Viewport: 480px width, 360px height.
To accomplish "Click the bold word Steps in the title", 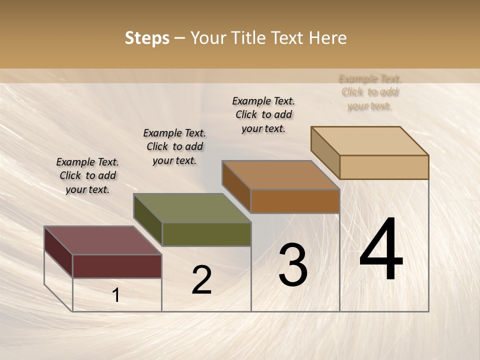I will [x=147, y=38].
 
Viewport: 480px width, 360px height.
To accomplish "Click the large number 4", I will [x=381, y=250].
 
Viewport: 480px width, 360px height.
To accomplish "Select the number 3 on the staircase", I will [x=293, y=265].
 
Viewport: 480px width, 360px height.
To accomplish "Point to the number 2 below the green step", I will [x=201, y=280].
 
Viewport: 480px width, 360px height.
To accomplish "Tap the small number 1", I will [x=116, y=295].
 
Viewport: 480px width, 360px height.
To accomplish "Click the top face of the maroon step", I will [x=103, y=240].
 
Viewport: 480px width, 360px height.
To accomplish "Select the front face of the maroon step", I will [x=117, y=266].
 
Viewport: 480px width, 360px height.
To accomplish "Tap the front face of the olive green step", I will [x=206, y=234].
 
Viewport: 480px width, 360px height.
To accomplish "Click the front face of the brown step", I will [x=295, y=201].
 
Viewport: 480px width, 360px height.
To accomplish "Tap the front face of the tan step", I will [x=384, y=167].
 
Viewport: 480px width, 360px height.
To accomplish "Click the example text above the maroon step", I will [x=87, y=175].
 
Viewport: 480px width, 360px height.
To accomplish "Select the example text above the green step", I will [x=174, y=146].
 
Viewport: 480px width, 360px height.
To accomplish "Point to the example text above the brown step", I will [x=263, y=114].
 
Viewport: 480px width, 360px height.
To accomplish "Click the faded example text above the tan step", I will [x=370, y=92].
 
